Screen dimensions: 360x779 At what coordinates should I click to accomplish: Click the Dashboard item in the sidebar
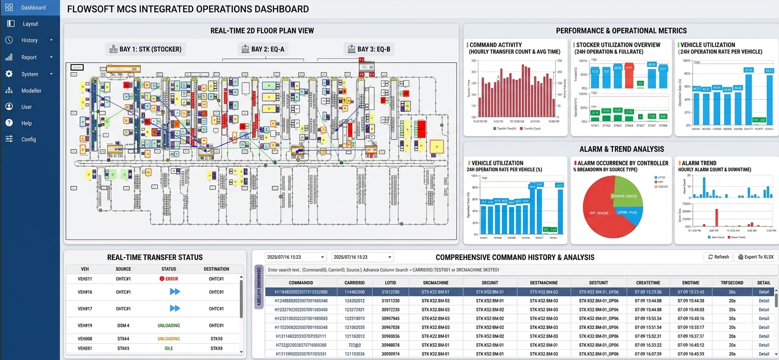point(33,8)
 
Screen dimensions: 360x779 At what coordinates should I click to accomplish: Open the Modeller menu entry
point(31,91)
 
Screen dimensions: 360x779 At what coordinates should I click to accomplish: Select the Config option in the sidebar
point(29,140)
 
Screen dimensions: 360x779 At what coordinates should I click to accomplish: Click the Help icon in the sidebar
point(9,123)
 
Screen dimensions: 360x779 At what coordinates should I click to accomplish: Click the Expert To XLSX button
point(755,257)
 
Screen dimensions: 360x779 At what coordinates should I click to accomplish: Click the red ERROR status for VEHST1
point(169,279)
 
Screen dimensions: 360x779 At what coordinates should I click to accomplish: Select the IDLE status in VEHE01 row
point(169,349)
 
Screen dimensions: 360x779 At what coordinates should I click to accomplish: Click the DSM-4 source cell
point(123,326)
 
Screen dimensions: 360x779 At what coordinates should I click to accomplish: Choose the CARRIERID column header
point(355,283)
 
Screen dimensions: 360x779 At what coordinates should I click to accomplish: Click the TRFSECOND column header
point(732,283)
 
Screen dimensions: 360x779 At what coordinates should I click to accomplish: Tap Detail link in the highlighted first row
point(764,292)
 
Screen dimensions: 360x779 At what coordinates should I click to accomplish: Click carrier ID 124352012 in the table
point(355,301)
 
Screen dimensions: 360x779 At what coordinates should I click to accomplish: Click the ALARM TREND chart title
point(699,163)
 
